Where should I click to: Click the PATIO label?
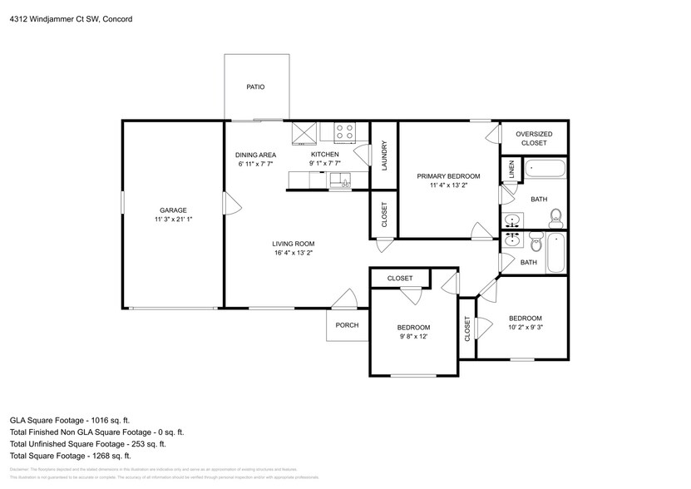pos(255,86)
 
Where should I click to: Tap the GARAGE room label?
pos(173,210)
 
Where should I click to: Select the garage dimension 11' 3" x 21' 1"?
pos(173,220)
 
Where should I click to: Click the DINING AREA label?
pos(255,155)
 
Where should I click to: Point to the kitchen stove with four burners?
pos(344,131)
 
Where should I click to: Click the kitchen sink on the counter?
pos(341,180)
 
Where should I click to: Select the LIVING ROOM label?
pos(294,244)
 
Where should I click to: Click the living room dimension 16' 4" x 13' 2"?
pos(294,253)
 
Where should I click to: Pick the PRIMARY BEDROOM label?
pos(449,176)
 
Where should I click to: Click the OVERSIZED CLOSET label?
pos(534,138)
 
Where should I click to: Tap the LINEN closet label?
pos(510,170)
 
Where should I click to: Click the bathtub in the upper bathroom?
pos(544,169)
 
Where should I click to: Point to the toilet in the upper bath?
pos(555,219)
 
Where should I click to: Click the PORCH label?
pos(347,325)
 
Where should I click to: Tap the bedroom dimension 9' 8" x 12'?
pos(413,337)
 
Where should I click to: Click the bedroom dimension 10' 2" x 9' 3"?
pos(525,328)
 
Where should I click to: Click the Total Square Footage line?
pos(70,455)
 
